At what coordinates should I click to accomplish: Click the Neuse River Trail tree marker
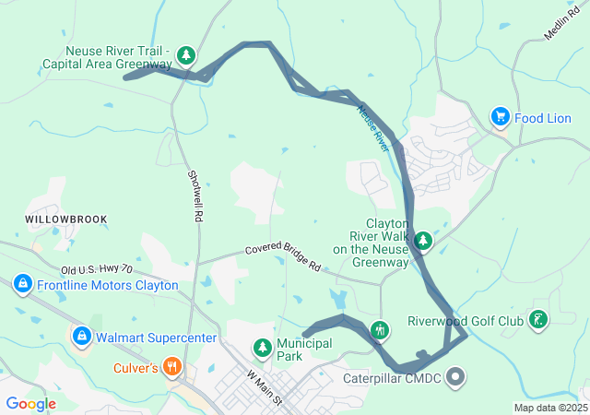(x=187, y=56)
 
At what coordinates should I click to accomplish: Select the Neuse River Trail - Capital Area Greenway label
(x=107, y=58)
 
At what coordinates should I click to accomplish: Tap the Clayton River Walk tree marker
(x=423, y=242)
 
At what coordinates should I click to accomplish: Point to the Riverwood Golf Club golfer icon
(x=537, y=321)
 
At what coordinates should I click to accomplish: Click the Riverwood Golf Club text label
(x=466, y=322)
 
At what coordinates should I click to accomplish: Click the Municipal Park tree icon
(x=263, y=348)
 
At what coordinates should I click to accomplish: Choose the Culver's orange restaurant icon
(x=171, y=368)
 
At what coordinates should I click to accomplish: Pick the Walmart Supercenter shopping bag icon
(x=82, y=337)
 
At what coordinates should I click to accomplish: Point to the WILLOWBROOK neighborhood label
(x=65, y=219)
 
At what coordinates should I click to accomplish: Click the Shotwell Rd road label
(x=195, y=195)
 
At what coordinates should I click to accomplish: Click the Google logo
(x=30, y=404)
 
